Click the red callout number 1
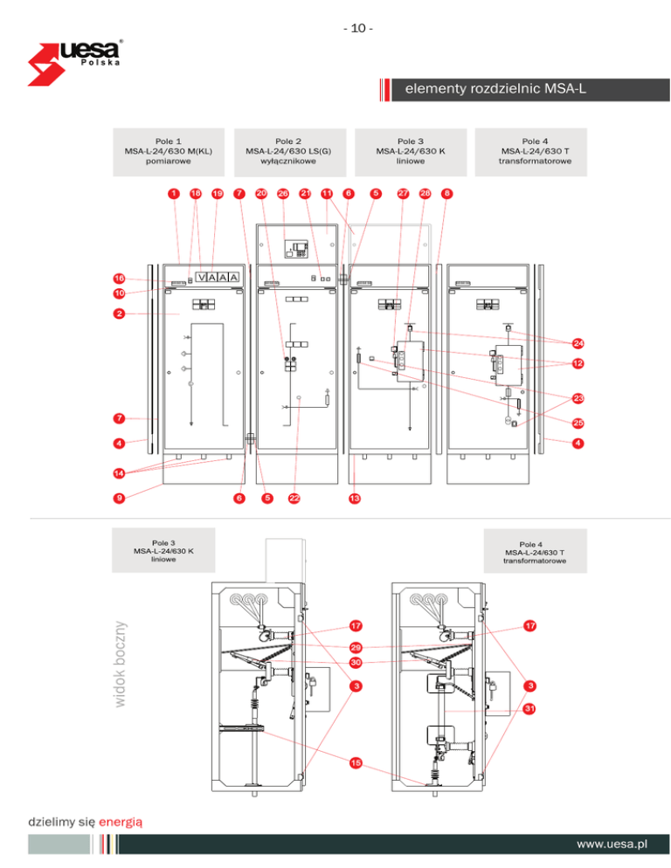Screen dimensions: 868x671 [175, 193]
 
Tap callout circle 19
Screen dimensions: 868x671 [218, 193]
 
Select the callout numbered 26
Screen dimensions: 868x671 [283, 193]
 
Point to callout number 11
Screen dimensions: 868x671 [326, 193]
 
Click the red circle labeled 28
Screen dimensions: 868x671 [425, 193]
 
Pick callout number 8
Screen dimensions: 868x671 [446, 193]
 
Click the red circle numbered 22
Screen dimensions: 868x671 [294, 498]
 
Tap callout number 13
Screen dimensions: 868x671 [354, 498]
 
